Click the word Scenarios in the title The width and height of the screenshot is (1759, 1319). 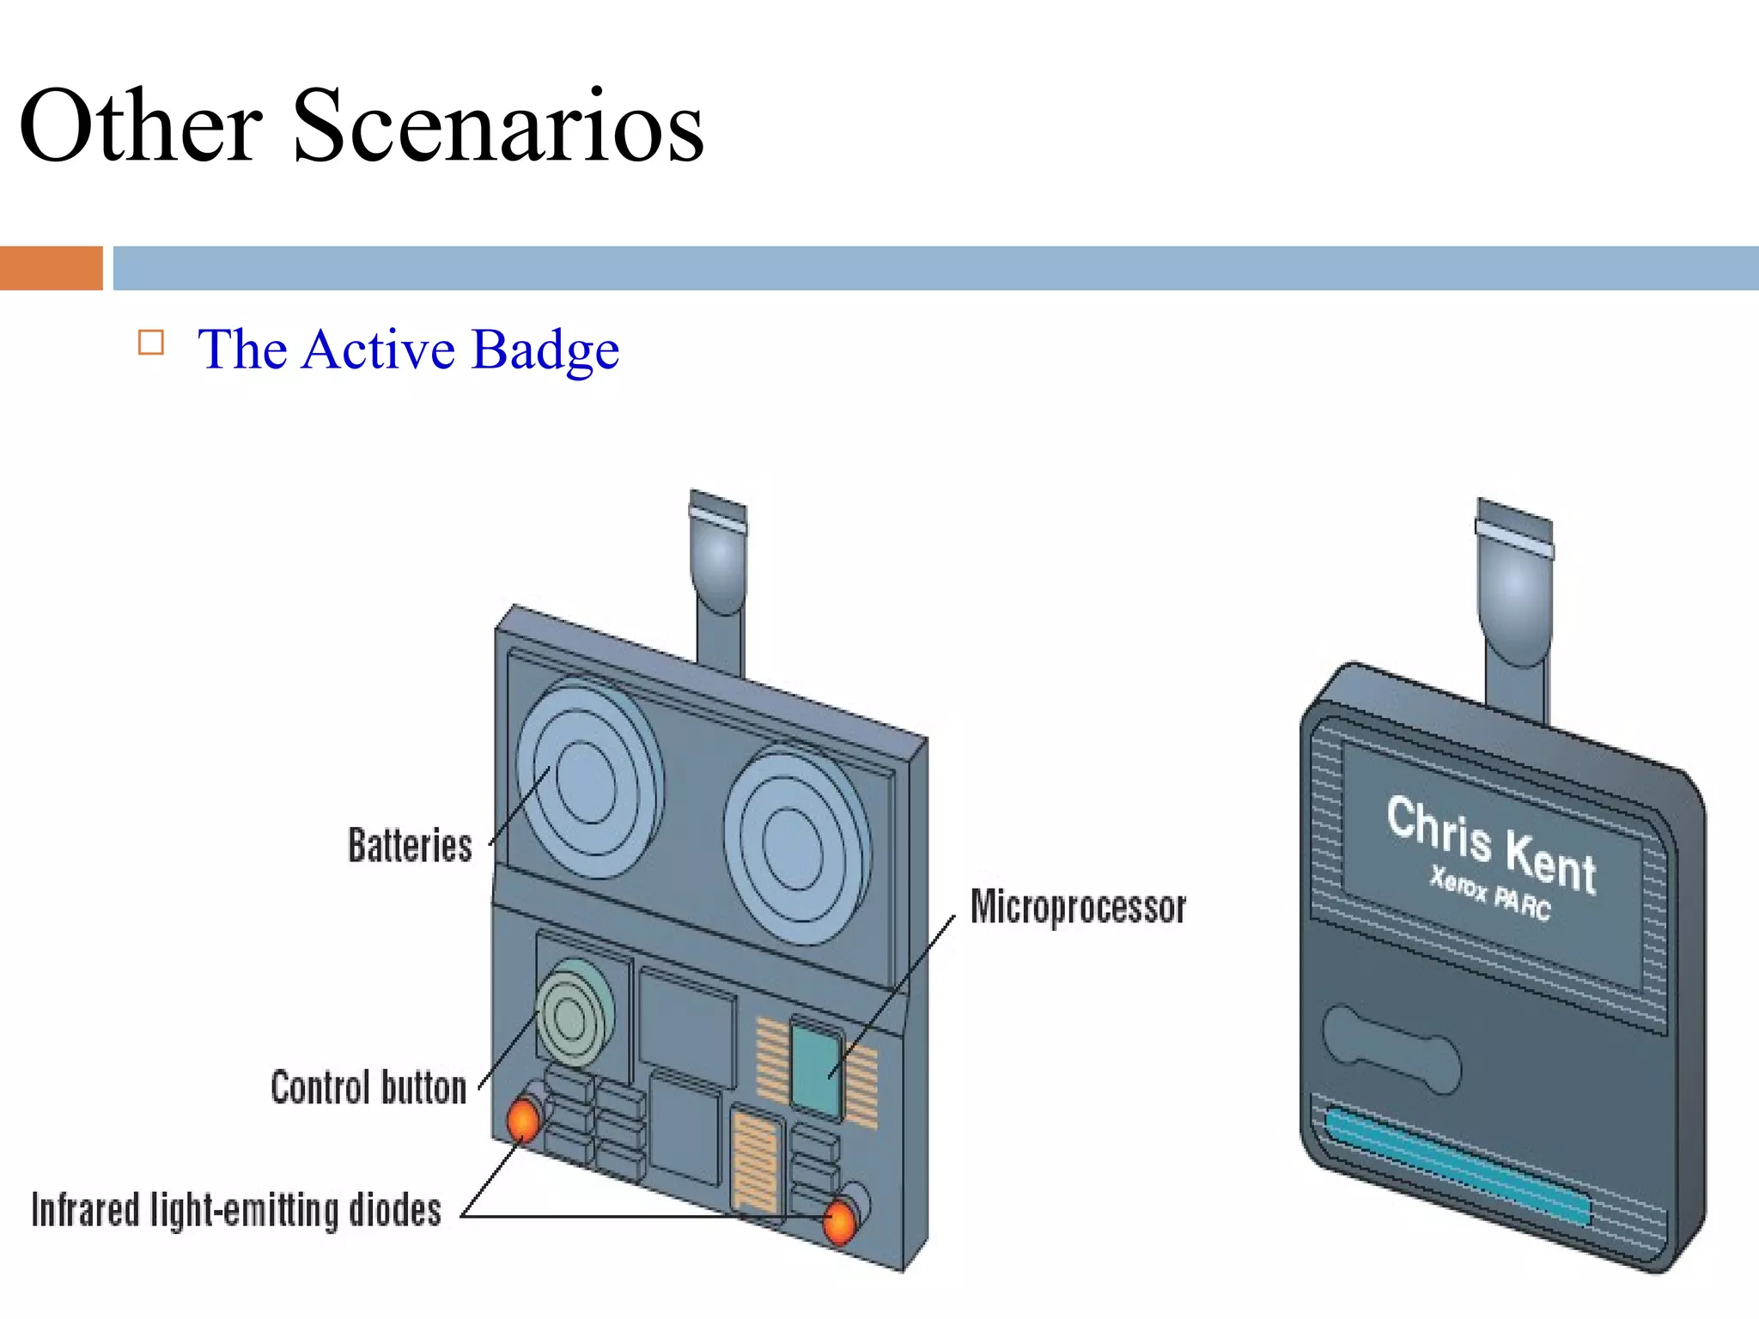[498, 127]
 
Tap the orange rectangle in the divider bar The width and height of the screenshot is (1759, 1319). [51, 268]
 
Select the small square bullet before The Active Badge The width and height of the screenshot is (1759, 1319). [151, 343]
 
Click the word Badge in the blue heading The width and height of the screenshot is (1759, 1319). [545, 350]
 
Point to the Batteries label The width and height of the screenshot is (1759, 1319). [410, 845]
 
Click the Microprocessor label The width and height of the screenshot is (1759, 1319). [1078, 908]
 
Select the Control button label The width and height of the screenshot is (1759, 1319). [368, 1087]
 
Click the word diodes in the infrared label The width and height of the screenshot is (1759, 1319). [395, 1211]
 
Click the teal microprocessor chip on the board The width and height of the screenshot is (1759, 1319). [815, 1069]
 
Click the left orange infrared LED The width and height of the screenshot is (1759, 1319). [523, 1120]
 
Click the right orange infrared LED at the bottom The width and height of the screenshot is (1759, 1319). [839, 1220]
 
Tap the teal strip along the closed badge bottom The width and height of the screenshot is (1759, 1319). [1456, 1166]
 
